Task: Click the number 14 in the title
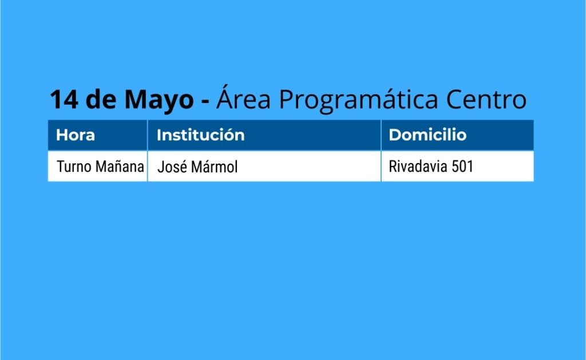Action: click(x=64, y=100)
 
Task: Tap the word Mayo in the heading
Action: click(x=159, y=100)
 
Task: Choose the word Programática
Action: click(x=359, y=100)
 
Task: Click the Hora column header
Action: click(x=76, y=135)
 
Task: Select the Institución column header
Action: click(x=201, y=134)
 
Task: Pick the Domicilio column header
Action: click(x=427, y=134)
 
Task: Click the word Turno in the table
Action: click(x=74, y=167)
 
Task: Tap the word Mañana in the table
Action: click(x=120, y=167)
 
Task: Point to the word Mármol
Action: click(x=214, y=167)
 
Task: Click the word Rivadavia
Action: click(x=418, y=167)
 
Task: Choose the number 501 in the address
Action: click(x=462, y=167)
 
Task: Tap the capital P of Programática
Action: click(x=287, y=100)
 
